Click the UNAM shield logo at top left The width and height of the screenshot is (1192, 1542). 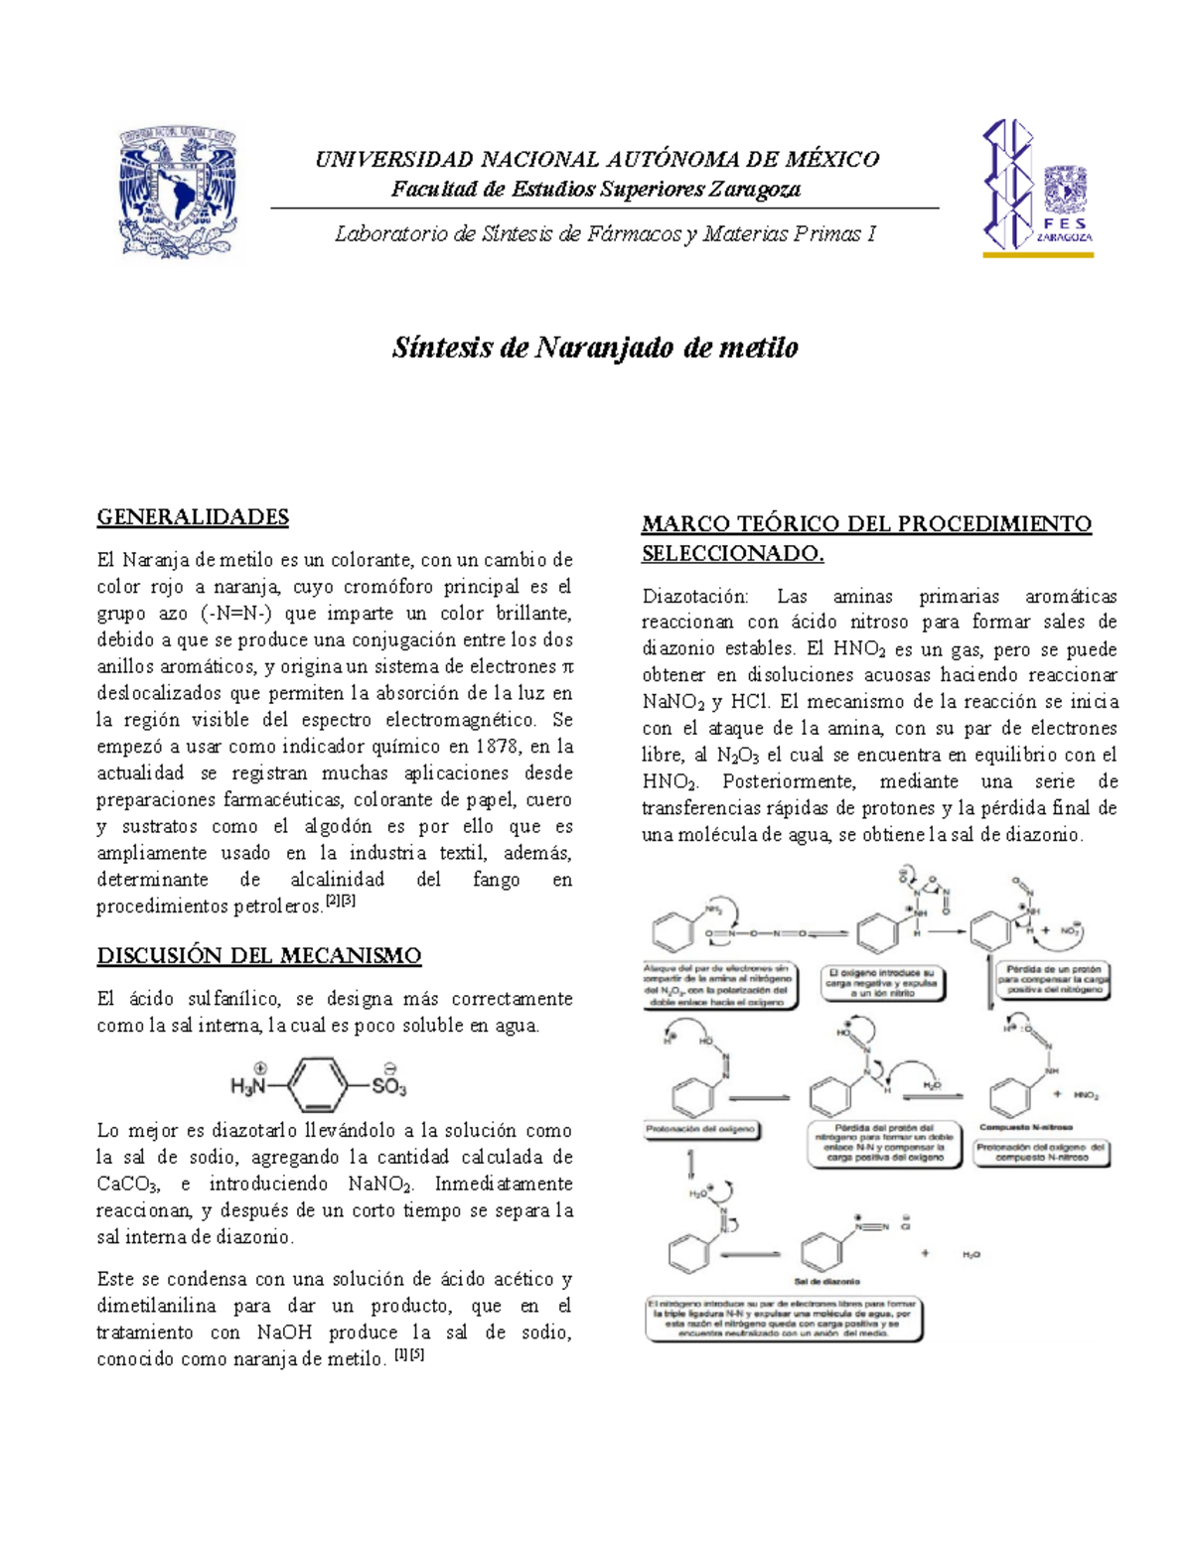[x=180, y=192]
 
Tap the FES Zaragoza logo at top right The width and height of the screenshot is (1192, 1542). [x=1038, y=189]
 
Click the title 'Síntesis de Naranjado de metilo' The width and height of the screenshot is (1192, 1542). [x=595, y=348]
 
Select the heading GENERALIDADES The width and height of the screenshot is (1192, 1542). [x=193, y=516]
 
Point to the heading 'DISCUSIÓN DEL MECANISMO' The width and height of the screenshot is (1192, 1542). [x=259, y=955]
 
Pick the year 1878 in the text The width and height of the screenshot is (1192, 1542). [x=498, y=746]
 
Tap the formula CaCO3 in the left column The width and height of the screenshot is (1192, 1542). [x=127, y=1184]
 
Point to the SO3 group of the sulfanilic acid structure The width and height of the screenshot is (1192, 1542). [x=388, y=1085]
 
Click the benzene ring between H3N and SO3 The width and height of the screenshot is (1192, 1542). [x=320, y=1085]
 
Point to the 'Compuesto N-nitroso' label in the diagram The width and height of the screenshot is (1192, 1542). [x=1026, y=1127]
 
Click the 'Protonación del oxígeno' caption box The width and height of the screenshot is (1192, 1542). [x=701, y=1129]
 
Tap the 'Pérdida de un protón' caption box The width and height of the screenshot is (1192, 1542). [x=1055, y=979]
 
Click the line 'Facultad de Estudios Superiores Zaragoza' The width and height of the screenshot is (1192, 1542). [x=595, y=189]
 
